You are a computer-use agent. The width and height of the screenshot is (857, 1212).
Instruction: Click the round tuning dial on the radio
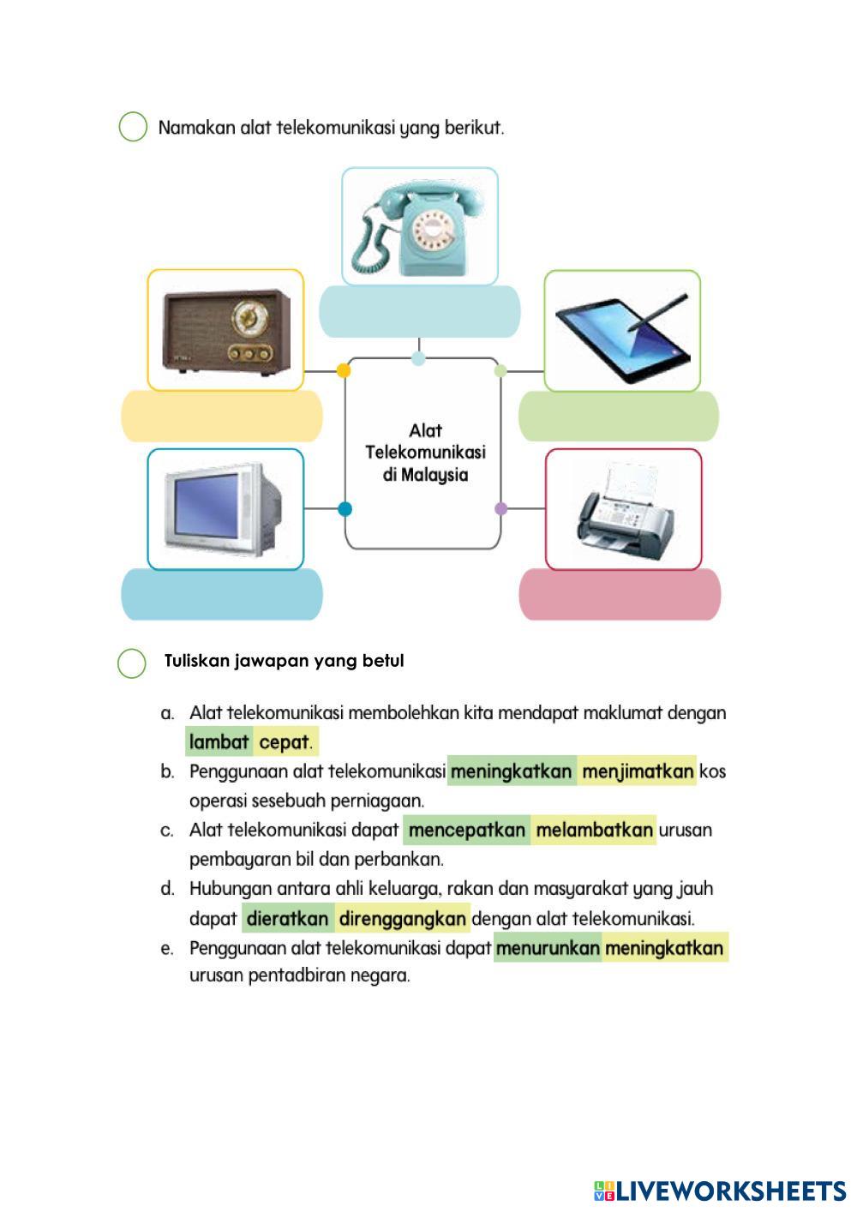click(x=248, y=318)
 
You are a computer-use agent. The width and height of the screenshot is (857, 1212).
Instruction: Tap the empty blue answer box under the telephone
click(x=419, y=311)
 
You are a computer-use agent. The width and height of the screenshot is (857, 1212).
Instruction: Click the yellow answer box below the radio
click(x=222, y=416)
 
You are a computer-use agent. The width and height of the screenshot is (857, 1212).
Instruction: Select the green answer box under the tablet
click(x=618, y=416)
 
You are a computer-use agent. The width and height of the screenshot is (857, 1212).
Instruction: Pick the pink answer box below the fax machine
click(x=620, y=594)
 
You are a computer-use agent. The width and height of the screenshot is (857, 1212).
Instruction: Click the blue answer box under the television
click(x=222, y=594)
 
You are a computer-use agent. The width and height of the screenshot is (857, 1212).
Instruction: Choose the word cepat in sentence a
click(x=284, y=742)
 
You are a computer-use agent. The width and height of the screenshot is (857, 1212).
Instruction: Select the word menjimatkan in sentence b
click(x=637, y=771)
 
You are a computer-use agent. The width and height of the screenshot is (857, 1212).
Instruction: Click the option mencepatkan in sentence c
click(x=467, y=831)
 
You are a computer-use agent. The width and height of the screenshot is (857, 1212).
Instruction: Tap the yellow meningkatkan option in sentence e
click(x=664, y=948)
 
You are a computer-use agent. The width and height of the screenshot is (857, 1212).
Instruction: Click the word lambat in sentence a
click(x=219, y=742)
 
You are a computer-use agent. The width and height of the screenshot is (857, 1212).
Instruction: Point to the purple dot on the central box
click(x=501, y=508)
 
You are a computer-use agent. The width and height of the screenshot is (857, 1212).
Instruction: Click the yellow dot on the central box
click(x=344, y=370)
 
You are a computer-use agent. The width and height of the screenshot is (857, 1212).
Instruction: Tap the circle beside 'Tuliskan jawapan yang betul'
click(x=132, y=663)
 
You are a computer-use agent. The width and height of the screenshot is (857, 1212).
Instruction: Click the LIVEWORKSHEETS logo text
click(x=729, y=1191)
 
